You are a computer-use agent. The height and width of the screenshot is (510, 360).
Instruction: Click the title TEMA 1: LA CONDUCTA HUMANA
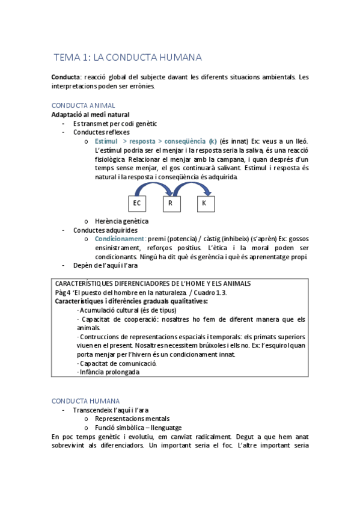click(x=127, y=58)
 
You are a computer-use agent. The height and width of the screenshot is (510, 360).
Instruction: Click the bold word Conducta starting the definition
click(x=66, y=77)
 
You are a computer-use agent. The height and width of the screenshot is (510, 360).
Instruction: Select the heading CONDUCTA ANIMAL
click(x=84, y=105)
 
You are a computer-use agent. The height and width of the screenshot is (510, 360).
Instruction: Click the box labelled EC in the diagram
click(x=137, y=204)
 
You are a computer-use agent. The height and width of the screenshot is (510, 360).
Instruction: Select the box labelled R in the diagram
click(x=171, y=204)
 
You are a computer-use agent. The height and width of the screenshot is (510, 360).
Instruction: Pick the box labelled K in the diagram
click(x=205, y=204)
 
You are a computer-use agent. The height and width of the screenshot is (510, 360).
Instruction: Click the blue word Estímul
click(x=106, y=141)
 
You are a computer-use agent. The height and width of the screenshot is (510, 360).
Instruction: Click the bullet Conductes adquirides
click(x=105, y=230)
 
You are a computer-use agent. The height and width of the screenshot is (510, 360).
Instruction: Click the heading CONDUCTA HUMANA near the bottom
click(x=85, y=401)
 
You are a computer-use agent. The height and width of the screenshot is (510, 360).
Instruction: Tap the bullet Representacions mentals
click(x=132, y=419)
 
